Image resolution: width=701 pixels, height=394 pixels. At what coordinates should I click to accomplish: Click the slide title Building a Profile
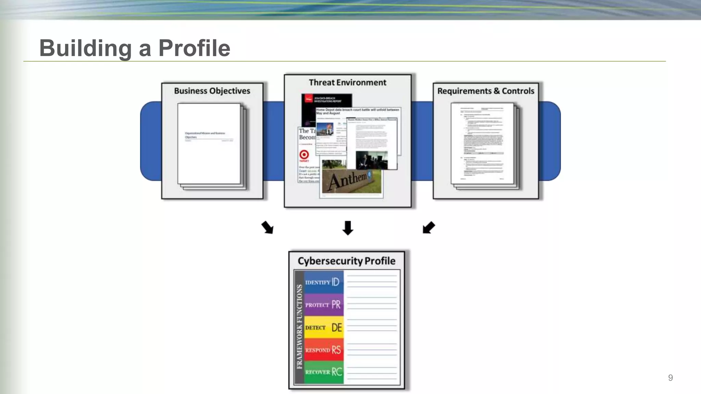pyautogui.click(x=135, y=48)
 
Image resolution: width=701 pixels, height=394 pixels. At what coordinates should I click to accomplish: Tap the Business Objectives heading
pyautogui.click(x=212, y=91)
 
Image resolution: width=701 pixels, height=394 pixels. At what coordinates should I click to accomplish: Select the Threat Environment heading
pyautogui.click(x=347, y=82)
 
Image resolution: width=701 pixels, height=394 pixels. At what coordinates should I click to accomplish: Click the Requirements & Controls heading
pyautogui.click(x=486, y=91)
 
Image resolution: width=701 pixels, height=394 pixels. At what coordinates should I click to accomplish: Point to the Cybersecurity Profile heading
pyautogui.click(x=346, y=261)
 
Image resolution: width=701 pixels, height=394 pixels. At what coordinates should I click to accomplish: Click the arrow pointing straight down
pyautogui.click(x=348, y=228)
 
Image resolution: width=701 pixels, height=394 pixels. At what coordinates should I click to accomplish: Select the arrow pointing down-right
pyautogui.click(x=267, y=227)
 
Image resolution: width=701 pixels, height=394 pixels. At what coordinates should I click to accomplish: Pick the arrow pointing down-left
pyautogui.click(x=429, y=227)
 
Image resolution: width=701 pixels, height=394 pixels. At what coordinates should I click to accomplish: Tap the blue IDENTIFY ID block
pyautogui.click(x=323, y=282)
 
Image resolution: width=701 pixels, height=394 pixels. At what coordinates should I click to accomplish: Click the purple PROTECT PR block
pyautogui.click(x=323, y=304)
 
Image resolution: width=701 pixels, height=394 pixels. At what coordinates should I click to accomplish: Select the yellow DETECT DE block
pyautogui.click(x=323, y=327)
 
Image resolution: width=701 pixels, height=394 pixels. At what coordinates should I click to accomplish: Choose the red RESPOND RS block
pyautogui.click(x=323, y=350)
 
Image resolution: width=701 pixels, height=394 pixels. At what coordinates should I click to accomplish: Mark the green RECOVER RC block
pyautogui.click(x=323, y=372)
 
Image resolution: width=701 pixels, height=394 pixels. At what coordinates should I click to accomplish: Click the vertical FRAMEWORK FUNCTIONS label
pyautogui.click(x=299, y=327)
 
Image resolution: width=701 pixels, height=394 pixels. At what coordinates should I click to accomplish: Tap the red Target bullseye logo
pyautogui.click(x=304, y=155)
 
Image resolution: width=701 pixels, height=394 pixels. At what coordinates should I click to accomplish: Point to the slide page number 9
pyautogui.click(x=670, y=378)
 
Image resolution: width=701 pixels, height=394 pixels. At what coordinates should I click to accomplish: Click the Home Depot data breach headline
pyautogui.click(x=357, y=111)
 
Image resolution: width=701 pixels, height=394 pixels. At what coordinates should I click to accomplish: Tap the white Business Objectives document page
pyautogui.click(x=209, y=144)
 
